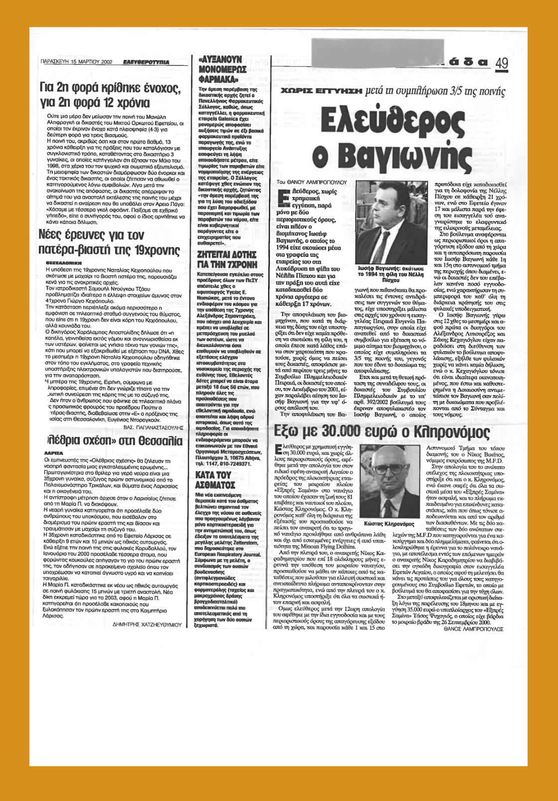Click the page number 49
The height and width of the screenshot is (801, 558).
coord(501,63)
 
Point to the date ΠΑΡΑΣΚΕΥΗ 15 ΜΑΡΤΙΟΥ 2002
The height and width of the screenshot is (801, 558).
coord(76,62)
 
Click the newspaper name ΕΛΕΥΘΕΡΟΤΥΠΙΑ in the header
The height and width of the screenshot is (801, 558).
coord(146,62)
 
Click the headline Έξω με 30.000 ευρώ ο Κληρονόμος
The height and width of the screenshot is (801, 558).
coord(382,431)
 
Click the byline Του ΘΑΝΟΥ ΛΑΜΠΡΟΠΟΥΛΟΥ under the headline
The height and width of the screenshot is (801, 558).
coord(311,183)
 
